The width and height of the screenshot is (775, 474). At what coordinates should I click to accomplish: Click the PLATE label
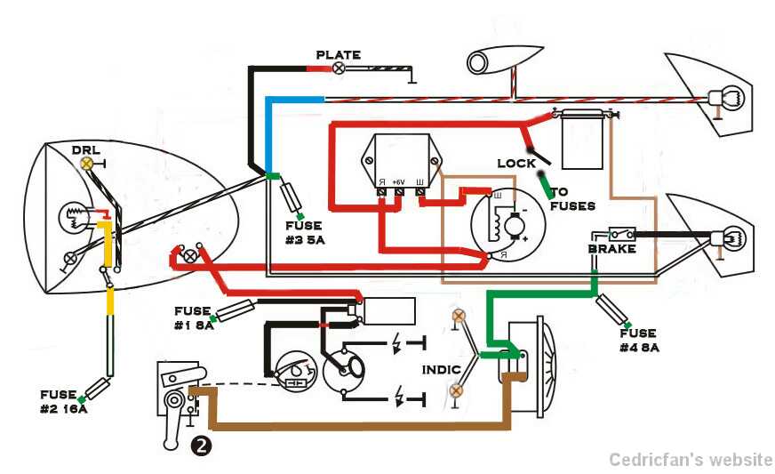click(x=339, y=55)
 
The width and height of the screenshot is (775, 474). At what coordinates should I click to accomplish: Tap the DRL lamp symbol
click(x=87, y=164)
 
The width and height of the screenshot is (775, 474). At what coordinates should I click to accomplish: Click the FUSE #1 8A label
click(x=193, y=318)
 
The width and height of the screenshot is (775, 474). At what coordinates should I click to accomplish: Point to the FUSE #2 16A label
click(x=64, y=401)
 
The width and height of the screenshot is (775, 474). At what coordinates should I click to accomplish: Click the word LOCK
click(x=516, y=164)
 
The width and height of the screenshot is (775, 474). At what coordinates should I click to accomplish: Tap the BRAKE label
click(x=611, y=249)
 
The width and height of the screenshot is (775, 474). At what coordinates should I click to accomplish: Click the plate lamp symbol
click(x=338, y=68)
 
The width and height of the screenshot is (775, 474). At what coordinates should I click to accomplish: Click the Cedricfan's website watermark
click(x=691, y=460)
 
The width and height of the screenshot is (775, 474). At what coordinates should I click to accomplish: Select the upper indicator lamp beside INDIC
click(x=459, y=317)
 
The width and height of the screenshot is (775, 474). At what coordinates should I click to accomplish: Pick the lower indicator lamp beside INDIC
click(x=457, y=390)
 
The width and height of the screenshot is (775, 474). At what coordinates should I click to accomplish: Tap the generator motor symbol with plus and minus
click(x=512, y=229)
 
